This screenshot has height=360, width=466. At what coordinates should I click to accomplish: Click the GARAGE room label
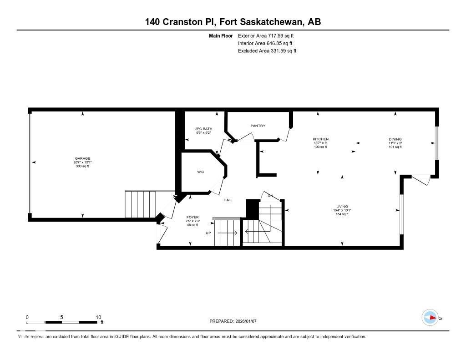pos(82,158)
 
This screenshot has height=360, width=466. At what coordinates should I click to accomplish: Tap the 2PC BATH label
pos(204,129)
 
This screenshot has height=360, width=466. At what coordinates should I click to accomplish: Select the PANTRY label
pos(258,126)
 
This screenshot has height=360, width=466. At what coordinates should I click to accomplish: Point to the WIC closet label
pos(200,172)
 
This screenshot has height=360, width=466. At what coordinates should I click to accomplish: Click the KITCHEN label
pos(320,139)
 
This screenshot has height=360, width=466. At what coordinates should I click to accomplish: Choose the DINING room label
pos(395,139)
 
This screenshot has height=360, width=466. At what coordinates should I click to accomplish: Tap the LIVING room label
pos(342,207)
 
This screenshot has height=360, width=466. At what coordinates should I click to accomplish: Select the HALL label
pos(228,200)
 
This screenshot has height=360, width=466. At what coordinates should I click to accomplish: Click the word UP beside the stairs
pos(209,233)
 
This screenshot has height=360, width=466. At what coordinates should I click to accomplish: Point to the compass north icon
pos(431,317)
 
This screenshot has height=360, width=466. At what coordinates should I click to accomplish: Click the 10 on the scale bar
pos(98,317)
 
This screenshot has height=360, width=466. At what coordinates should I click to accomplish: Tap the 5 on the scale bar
pos(61,317)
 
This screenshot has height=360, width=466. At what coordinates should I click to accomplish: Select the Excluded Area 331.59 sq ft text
pos(267,51)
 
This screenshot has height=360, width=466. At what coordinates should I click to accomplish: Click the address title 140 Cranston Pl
pos(180,21)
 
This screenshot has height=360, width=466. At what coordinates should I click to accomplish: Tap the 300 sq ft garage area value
pos(82,166)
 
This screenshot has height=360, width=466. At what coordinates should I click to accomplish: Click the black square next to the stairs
pos(252,208)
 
